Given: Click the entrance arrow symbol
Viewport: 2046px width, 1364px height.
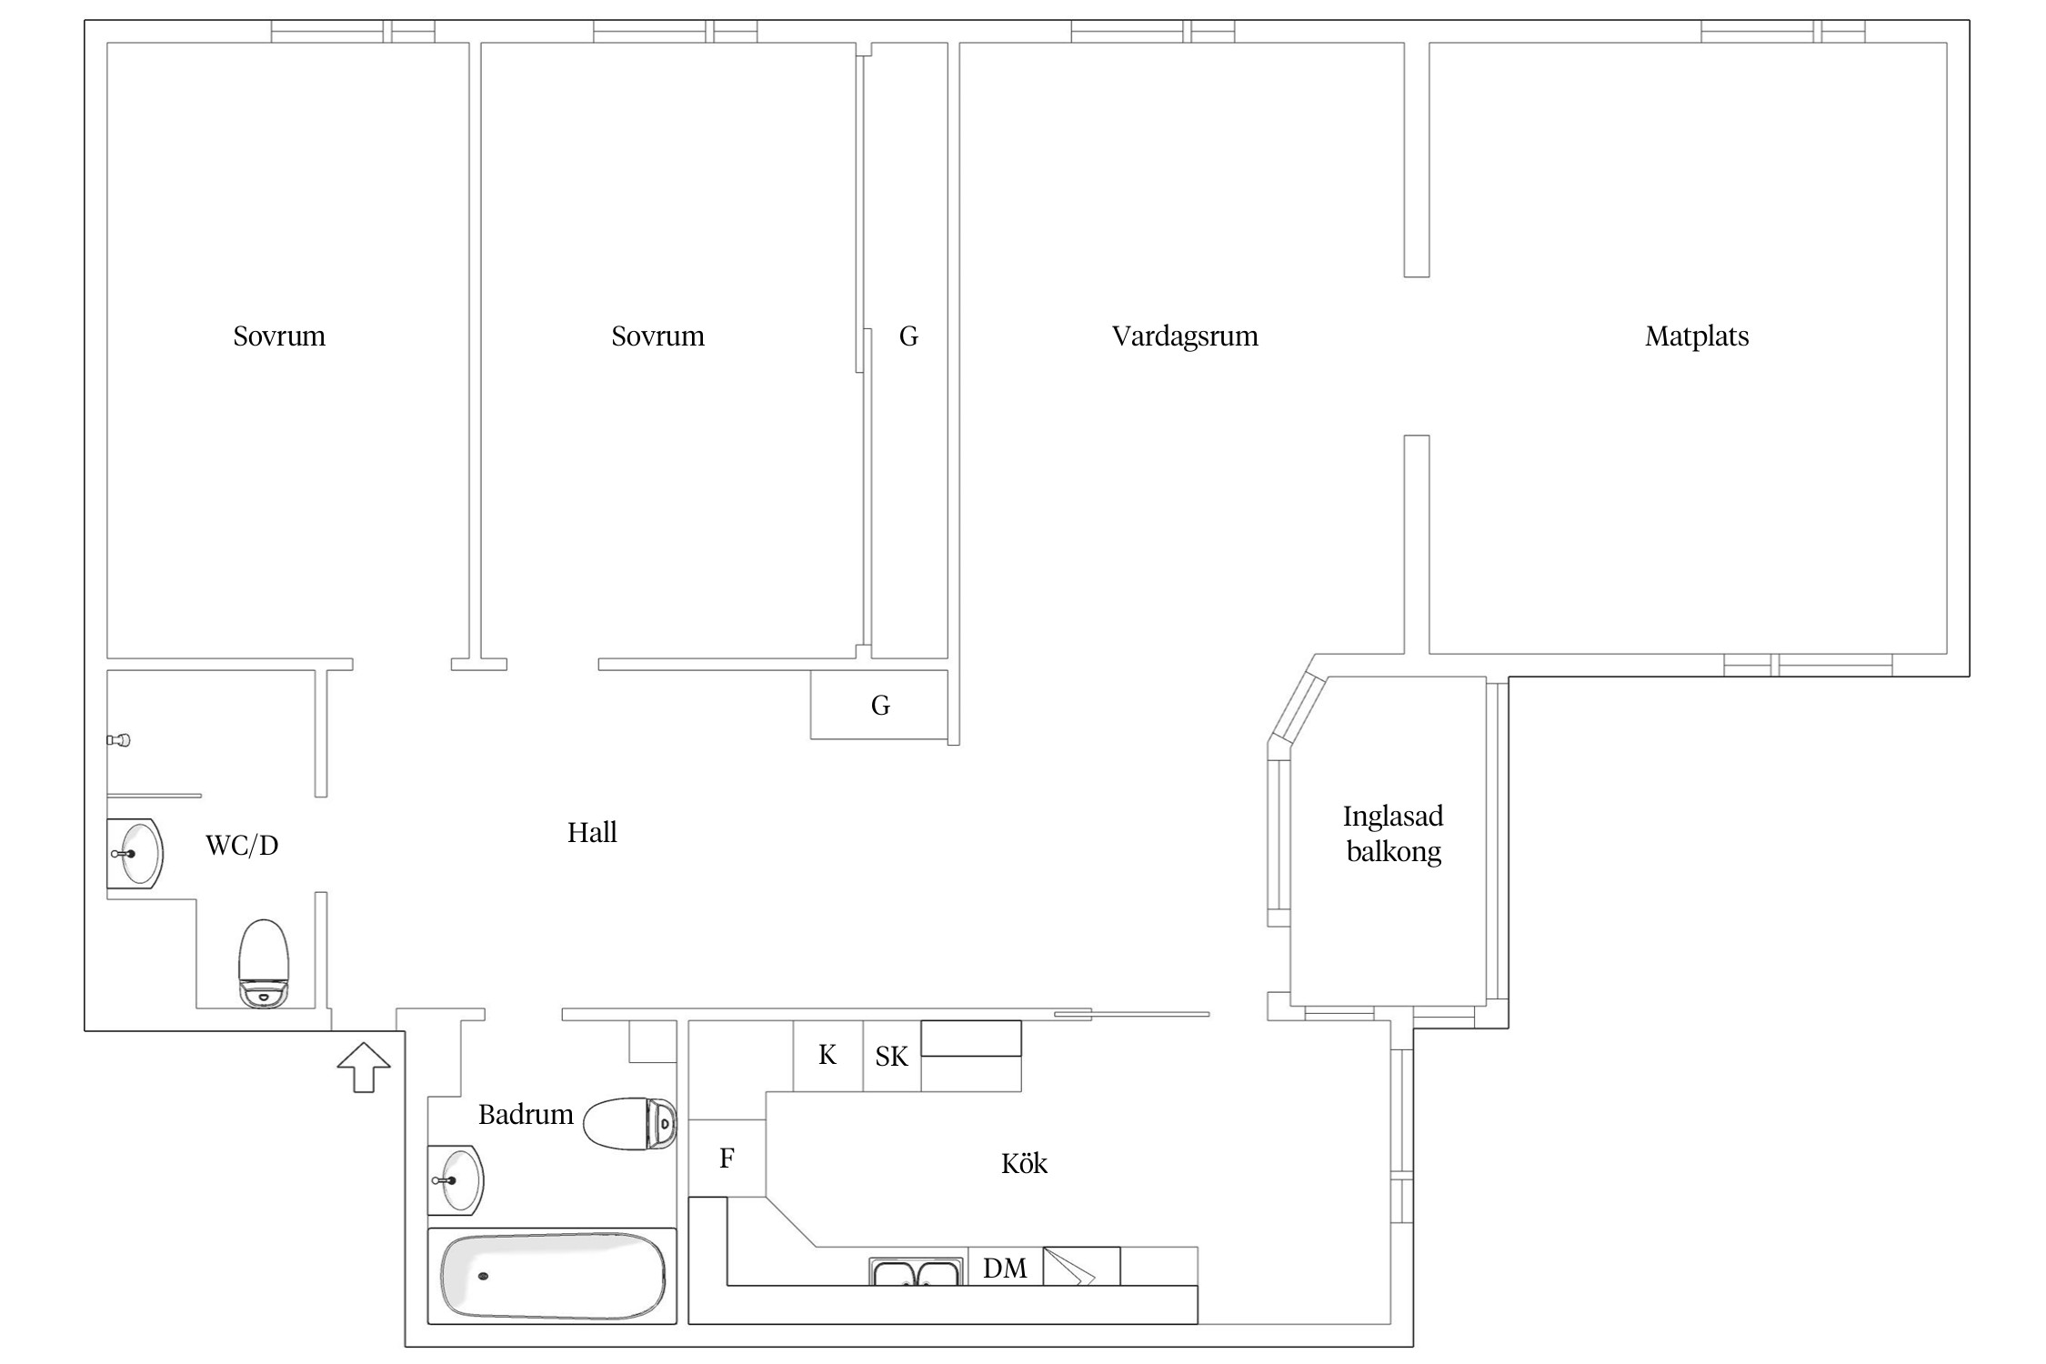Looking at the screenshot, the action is (364, 1067).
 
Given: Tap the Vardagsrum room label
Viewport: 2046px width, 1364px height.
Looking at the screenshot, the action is (1185, 336).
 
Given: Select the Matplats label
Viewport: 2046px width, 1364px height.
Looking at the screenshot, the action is (1697, 336).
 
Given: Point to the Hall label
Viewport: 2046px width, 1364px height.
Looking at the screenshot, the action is (592, 832).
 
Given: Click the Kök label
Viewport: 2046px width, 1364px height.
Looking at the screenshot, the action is (1024, 1163).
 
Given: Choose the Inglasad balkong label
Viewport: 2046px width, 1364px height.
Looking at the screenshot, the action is (1393, 834).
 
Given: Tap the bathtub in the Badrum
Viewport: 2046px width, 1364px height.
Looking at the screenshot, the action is (552, 1277).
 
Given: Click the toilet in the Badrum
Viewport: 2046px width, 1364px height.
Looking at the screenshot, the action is (629, 1124).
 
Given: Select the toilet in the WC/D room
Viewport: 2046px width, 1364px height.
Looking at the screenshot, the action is (264, 964).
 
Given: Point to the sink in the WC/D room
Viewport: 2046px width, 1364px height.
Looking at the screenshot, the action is (135, 854).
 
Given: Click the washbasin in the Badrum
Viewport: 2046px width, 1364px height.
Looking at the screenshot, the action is (456, 1180).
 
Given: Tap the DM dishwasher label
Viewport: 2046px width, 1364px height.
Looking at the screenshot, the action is (1005, 1268).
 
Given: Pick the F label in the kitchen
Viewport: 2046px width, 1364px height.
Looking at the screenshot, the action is (727, 1158).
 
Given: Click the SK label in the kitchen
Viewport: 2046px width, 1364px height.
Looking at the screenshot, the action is (891, 1057).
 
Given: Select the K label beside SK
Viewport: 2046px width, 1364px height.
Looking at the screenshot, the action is (827, 1055).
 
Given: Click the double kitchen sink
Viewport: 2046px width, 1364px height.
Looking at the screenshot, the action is (916, 1271).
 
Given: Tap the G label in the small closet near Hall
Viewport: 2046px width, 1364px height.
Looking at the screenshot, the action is (880, 706).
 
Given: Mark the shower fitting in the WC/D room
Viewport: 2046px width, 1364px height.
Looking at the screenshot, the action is (118, 740).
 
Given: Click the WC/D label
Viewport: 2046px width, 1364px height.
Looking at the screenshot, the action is (242, 846).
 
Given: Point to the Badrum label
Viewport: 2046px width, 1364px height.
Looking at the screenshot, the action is (526, 1115).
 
